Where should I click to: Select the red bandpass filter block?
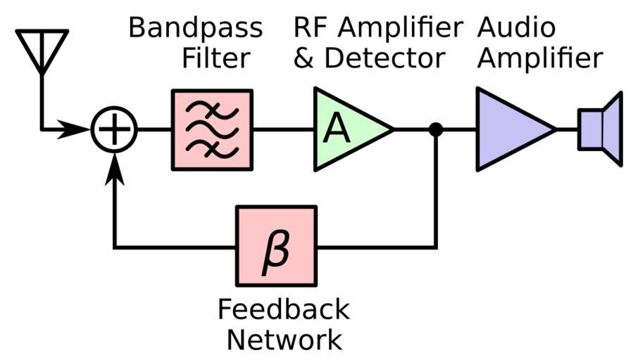coord(212,130)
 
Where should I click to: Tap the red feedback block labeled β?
coord(276,246)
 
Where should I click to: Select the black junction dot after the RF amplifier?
coord(436,129)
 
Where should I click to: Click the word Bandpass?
coord(195,28)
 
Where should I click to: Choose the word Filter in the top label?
coord(215,58)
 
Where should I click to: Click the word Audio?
coord(516,28)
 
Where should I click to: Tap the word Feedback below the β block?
coord(283,309)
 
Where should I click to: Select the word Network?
coord(283,340)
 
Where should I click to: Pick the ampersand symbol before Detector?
coord(304,58)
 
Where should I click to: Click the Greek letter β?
coord(275,248)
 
